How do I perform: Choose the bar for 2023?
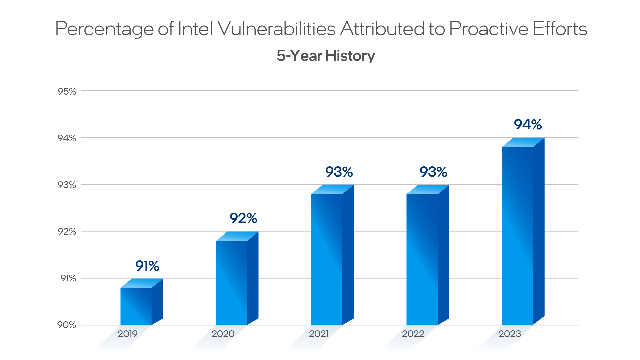pyautogui.click(x=517, y=235)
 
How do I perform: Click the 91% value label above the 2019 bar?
pyautogui.click(x=147, y=266)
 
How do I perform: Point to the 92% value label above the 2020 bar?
pyautogui.click(x=243, y=218)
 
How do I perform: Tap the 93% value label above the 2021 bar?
pyautogui.click(x=339, y=172)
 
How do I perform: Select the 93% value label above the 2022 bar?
pyautogui.click(x=433, y=172)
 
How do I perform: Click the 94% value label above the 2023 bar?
pyautogui.click(x=528, y=125)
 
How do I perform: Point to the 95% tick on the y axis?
pyautogui.click(x=67, y=91)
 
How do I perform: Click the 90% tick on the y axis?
pyautogui.click(x=67, y=325)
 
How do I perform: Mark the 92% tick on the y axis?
pyautogui.click(x=67, y=231)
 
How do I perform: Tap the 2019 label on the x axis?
pyautogui.click(x=127, y=334)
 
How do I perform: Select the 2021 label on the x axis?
pyautogui.click(x=319, y=334)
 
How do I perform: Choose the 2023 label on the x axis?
pyautogui.click(x=509, y=334)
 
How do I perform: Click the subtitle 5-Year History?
pyautogui.click(x=326, y=56)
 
